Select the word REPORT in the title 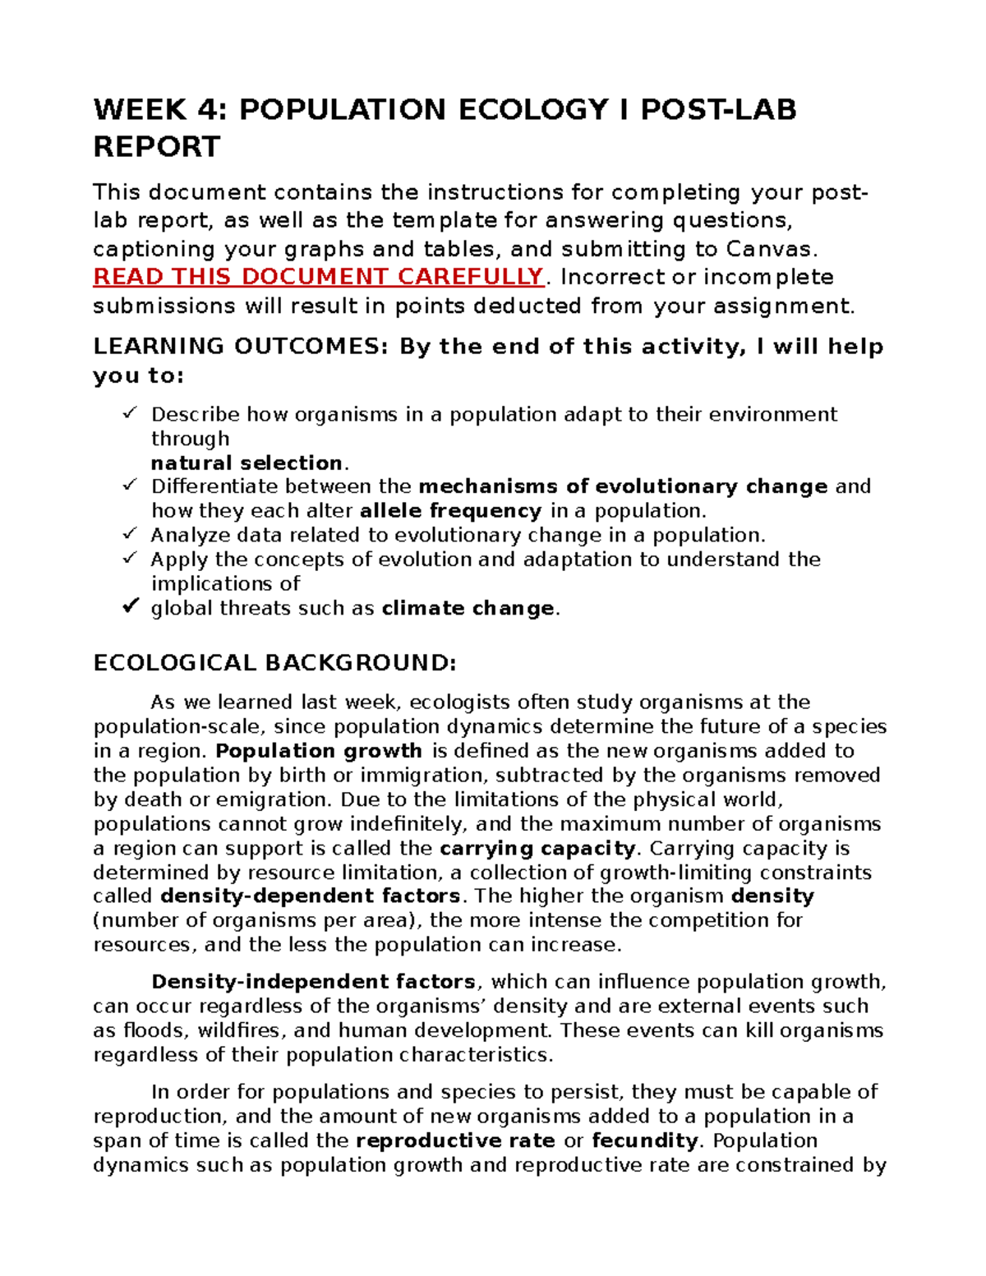point(157,147)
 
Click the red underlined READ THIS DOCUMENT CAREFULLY point(319,277)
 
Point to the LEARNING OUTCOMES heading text point(239,347)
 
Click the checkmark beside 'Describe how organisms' point(129,413)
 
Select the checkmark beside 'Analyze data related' point(129,534)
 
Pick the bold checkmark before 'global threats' point(129,607)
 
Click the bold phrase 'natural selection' point(246,463)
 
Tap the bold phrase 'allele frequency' point(450,511)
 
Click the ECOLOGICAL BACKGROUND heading point(274,663)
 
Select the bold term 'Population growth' point(319,751)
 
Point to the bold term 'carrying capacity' point(538,849)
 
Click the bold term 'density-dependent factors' point(310,896)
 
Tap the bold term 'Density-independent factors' point(313,982)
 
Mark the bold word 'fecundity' point(645,1141)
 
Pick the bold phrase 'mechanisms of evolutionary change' point(623,486)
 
